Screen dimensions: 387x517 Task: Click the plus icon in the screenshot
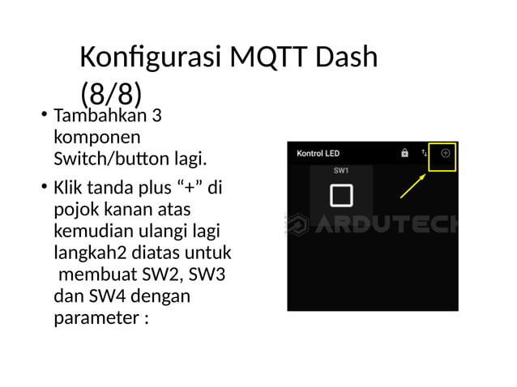445,153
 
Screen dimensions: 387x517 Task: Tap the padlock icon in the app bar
404,152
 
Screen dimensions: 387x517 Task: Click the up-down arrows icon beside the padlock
424,152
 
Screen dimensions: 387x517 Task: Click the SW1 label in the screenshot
341,171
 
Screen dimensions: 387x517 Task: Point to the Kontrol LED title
318,153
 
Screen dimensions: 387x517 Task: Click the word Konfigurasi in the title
151,58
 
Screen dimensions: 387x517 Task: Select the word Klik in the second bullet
68,189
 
